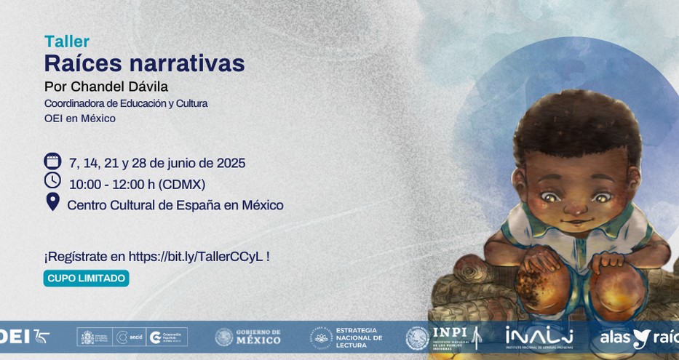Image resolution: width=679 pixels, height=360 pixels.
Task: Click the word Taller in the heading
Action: click(66, 41)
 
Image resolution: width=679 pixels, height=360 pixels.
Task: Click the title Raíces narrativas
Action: click(144, 64)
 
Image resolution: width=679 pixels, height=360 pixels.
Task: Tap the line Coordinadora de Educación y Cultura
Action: click(125, 103)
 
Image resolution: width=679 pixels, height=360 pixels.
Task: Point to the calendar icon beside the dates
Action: click(52, 161)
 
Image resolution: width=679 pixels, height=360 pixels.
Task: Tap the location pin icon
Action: click(52, 201)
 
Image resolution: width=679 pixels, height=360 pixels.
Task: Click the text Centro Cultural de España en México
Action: click(175, 205)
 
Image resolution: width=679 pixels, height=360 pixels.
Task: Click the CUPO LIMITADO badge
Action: click(86, 279)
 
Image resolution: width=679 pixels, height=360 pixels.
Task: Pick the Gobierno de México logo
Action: click(247, 337)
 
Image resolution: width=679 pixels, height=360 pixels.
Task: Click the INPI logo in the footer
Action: click(444, 337)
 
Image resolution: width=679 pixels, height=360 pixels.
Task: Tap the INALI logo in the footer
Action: click(539, 337)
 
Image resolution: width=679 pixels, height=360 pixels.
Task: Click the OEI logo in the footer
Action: click(22, 337)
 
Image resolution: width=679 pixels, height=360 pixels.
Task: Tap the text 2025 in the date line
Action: click(231, 163)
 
